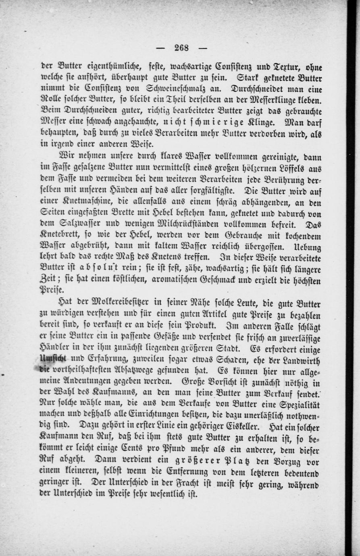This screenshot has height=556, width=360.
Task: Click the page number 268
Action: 182,48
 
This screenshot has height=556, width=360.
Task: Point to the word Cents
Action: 149,447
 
